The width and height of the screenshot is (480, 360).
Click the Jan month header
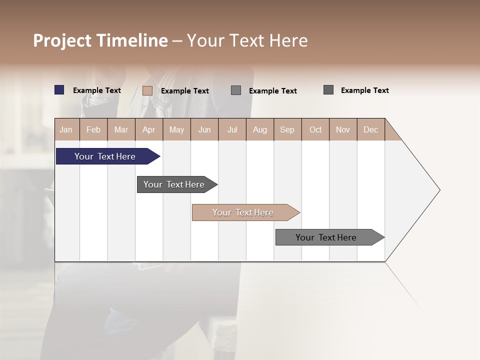click(x=66, y=129)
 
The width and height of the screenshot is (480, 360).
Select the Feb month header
click(x=93, y=129)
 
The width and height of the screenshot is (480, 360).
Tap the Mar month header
click(x=121, y=129)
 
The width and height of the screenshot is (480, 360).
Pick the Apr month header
click(x=149, y=129)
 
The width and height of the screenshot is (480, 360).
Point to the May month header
click(x=176, y=129)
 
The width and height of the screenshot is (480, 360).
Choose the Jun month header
click(x=204, y=129)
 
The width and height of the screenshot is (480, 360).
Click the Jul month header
click(x=232, y=129)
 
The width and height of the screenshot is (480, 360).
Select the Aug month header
click(x=260, y=129)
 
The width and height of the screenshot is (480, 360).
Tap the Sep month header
click(x=287, y=129)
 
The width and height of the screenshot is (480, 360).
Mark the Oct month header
click(x=315, y=129)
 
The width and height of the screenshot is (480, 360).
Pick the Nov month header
click(x=343, y=129)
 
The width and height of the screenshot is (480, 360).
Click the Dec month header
click(x=371, y=129)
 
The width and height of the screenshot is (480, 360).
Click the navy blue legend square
click(x=59, y=90)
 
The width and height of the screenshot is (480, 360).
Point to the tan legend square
click(x=147, y=90)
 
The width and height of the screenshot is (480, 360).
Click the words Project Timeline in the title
click(x=100, y=40)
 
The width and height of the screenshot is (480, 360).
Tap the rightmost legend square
click(x=328, y=90)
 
